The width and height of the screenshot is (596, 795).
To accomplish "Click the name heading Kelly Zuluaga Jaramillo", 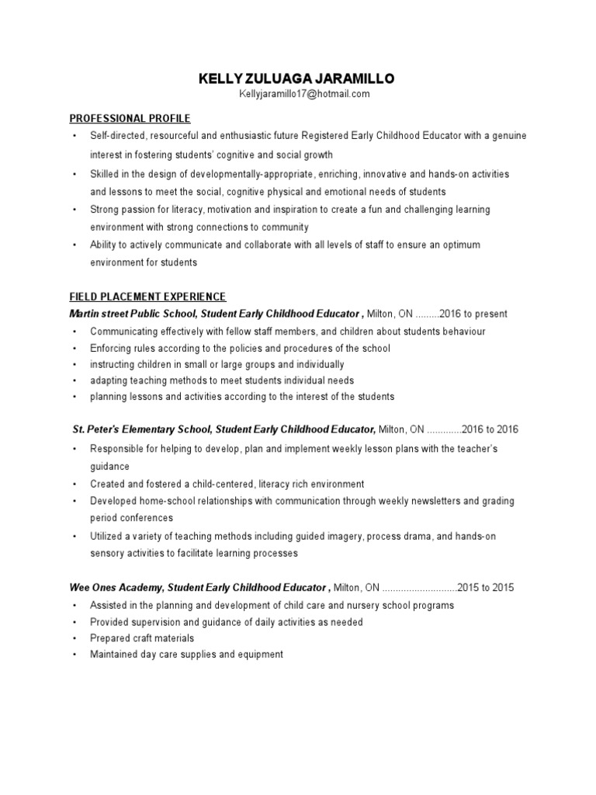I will (x=297, y=78).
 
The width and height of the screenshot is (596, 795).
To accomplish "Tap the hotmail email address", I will (x=297, y=94).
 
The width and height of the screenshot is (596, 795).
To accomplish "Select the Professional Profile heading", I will (x=130, y=118).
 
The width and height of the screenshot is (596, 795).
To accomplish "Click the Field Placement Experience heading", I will (x=147, y=297).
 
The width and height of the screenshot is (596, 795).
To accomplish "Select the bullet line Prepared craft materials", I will (x=142, y=638).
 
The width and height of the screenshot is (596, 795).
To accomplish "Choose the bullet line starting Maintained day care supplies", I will (x=186, y=654).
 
